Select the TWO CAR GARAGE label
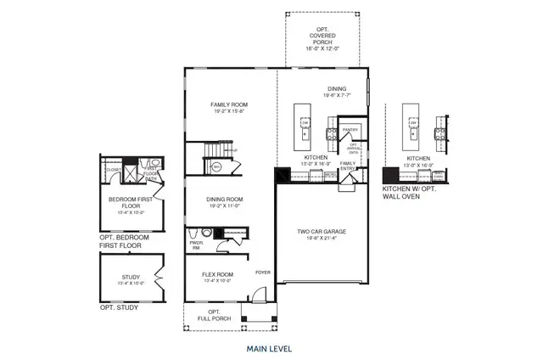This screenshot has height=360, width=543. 321,231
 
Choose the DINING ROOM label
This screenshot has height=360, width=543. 225,200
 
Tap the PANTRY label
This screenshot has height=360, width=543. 350,130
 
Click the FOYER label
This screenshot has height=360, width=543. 263,273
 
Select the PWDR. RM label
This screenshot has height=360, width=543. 196,244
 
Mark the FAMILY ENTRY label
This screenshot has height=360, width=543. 348,165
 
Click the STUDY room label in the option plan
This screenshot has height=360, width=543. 131,276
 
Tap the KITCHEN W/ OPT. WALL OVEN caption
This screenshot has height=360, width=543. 416,191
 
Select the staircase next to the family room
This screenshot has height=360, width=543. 214,158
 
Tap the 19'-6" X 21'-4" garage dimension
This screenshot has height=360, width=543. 321,239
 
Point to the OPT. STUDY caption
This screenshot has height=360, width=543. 119,307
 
